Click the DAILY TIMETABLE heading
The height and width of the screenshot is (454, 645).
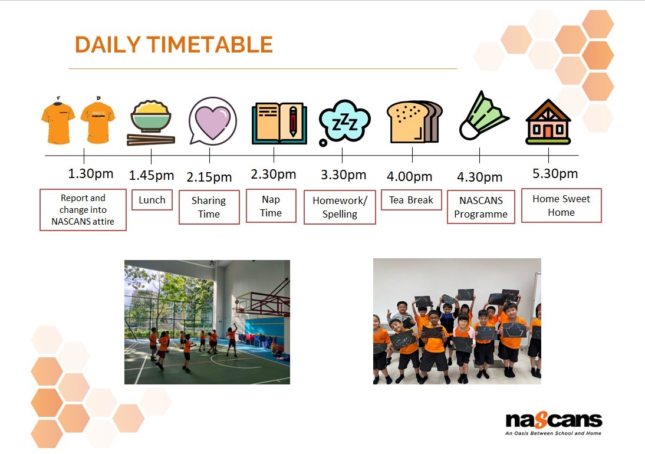(173, 44)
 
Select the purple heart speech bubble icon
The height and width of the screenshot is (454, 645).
(213, 121)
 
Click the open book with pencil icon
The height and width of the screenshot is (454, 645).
(279, 123)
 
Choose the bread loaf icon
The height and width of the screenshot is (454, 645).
(414, 122)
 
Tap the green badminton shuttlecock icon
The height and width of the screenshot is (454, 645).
(483, 116)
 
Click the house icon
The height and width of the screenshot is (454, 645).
(548, 122)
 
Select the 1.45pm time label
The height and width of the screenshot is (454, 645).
(152, 176)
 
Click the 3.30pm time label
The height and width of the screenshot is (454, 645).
(344, 175)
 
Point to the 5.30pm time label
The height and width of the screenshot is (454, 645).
(555, 173)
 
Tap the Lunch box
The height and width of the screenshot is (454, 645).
(152, 200)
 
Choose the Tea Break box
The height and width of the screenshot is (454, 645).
(412, 200)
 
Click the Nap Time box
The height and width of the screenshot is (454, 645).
(271, 206)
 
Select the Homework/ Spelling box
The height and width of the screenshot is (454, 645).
(340, 208)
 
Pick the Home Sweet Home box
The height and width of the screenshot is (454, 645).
(561, 206)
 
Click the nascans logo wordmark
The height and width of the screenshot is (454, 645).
(554, 420)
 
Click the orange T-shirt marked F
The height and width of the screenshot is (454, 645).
(58, 121)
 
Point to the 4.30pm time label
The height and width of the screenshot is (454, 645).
(480, 177)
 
